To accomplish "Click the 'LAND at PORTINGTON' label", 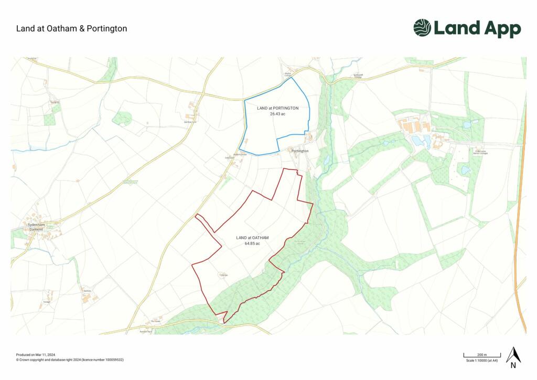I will (277, 108).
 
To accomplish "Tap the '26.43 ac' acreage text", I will (277, 113).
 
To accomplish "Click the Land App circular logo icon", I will (422, 28).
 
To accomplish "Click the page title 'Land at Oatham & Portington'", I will (71, 28).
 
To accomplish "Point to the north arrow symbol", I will (513, 356).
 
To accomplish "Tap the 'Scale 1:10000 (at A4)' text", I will (482, 361).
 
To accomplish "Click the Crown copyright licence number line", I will (69, 360).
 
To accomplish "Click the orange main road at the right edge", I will (521, 210).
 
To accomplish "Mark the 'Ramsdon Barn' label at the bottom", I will (145, 332).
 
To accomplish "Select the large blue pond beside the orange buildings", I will (418, 140).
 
